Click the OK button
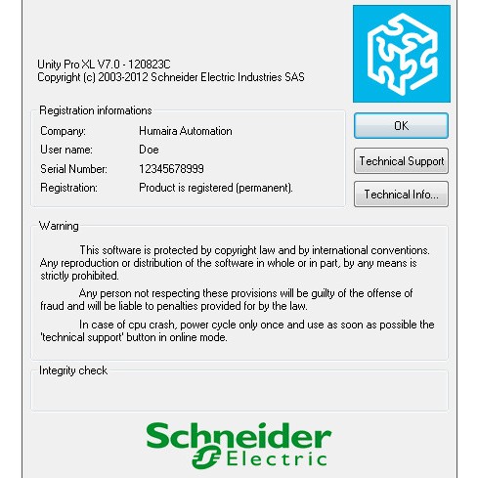(x=401, y=126)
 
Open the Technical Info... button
(x=401, y=195)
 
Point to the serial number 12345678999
(x=172, y=168)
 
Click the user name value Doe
(x=149, y=150)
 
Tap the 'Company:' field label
(x=64, y=130)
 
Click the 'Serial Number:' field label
(x=72, y=168)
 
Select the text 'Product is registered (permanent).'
(x=216, y=187)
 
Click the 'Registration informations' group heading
(x=95, y=110)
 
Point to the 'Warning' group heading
(x=59, y=226)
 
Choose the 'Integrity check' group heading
(x=73, y=370)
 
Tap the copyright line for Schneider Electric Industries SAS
(x=170, y=76)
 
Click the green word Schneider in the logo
(x=239, y=435)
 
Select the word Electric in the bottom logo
(x=278, y=457)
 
